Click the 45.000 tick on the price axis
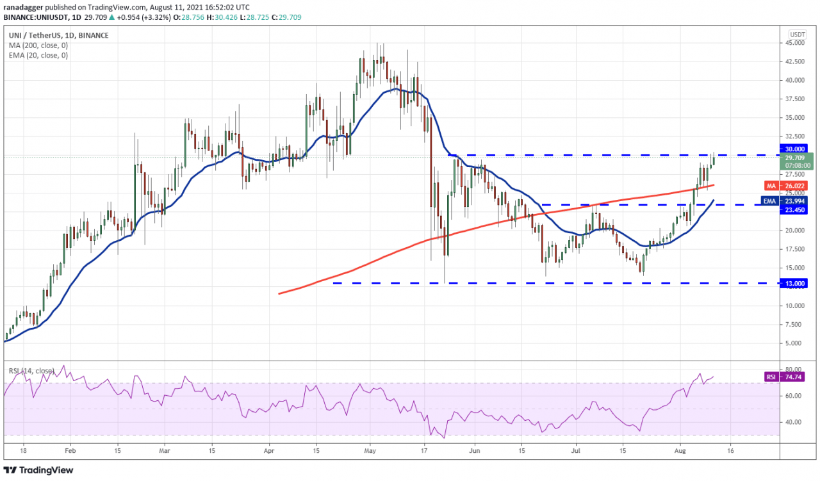pos(796,43)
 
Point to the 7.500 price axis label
pos(796,324)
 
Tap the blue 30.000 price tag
pos(796,149)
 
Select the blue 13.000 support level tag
pos(796,283)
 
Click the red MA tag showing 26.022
pos(797,186)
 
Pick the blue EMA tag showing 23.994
pos(797,200)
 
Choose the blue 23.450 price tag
pos(796,209)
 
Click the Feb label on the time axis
pos(70,450)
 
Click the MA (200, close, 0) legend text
pos(38,45)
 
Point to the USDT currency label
pos(798,34)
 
